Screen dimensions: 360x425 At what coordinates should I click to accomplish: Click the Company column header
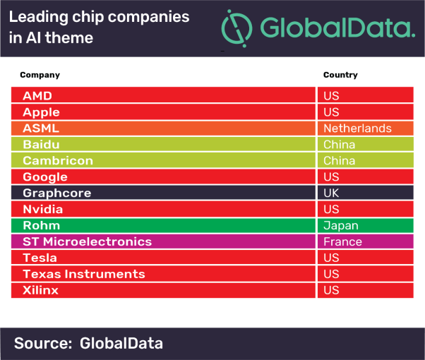coord(40,75)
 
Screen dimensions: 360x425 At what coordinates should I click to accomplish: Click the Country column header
coord(340,75)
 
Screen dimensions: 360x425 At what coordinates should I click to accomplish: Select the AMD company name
coord(37,95)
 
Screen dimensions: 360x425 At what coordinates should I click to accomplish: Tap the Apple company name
coord(41,112)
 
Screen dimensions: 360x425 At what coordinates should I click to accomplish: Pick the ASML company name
coord(41,128)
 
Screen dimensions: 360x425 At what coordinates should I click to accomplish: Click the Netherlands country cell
coord(357,128)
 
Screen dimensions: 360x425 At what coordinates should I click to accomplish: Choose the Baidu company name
coord(40,144)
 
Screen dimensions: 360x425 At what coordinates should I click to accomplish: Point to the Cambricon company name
coord(58,160)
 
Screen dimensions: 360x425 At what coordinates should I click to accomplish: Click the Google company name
coord(45,176)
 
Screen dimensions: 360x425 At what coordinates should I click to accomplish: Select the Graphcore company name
coord(57,193)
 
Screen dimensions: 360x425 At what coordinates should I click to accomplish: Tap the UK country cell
coord(332,193)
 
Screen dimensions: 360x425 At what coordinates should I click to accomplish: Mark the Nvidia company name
coord(43,209)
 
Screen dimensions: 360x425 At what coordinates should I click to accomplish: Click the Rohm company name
coord(41,225)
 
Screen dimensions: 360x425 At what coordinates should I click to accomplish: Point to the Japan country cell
coord(341,226)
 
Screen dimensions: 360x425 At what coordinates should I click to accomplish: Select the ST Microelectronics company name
coord(87,241)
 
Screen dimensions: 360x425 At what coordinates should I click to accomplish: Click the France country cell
coord(342,241)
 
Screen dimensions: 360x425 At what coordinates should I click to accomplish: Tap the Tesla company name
coord(40,258)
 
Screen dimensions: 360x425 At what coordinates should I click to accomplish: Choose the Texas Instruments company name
coord(83,274)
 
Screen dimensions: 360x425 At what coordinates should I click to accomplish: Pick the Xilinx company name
coord(41,290)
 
